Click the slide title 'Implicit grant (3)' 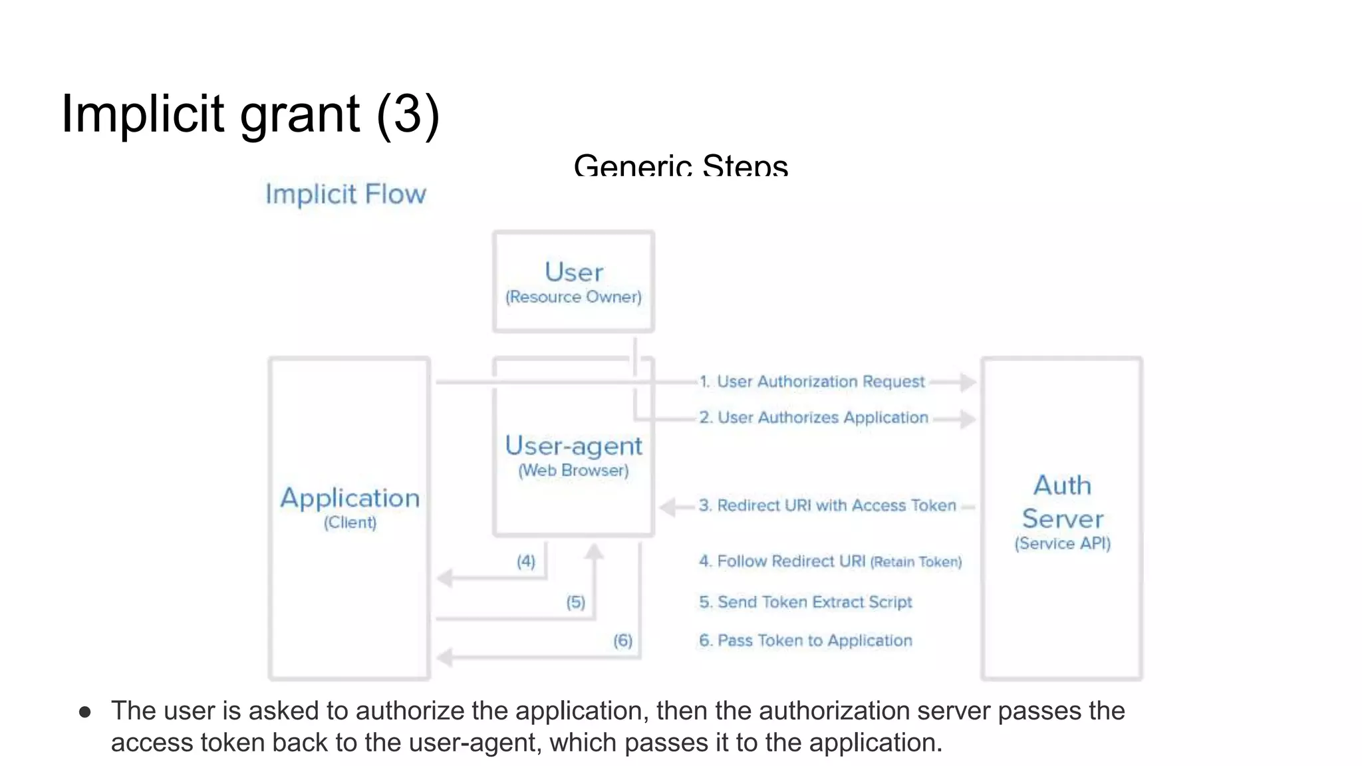(x=250, y=114)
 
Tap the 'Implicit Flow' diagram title (x=346, y=194)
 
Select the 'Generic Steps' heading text (x=680, y=165)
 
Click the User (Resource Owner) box (x=573, y=281)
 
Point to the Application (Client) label (x=350, y=507)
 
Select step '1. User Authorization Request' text (x=812, y=382)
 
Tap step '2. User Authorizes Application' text (x=813, y=418)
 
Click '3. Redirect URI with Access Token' (x=827, y=505)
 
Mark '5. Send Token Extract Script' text (x=805, y=602)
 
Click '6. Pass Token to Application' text (x=805, y=640)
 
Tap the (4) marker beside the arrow (x=526, y=561)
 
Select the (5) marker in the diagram (x=576, y=602)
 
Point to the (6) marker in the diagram (x=623, y=640)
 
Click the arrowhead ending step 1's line (x=968, y=382)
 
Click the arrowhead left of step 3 (x=667, y=507)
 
